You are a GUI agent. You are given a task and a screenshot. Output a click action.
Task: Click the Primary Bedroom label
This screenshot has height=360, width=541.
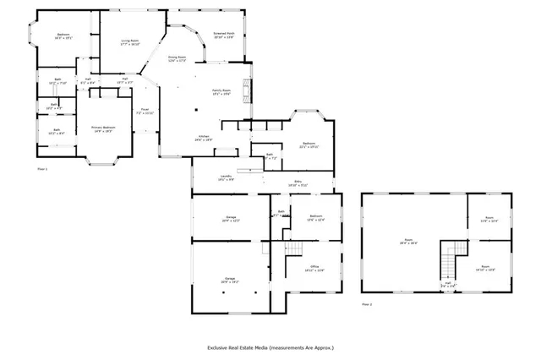coord(103,128)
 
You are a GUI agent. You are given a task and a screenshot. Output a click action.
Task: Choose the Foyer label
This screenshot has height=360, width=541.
coord(145,111)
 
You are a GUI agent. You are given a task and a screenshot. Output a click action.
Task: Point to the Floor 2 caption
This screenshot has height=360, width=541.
coord(367,303)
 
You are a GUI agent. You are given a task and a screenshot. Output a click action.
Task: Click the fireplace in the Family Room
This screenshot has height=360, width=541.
coord(248,88)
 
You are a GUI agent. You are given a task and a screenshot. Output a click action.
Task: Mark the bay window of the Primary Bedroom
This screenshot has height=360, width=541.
coord(103,159)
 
